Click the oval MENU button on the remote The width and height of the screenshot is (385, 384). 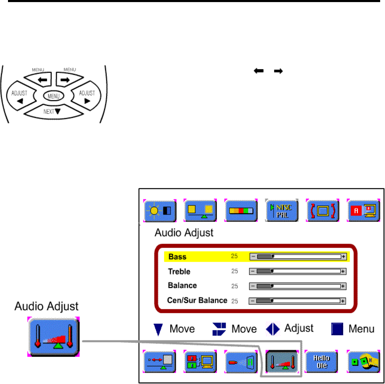(53, 96)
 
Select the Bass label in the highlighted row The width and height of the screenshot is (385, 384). (177, 257)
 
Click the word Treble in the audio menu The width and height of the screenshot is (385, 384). (179, 272)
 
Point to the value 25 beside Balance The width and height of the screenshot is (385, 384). (235, 286)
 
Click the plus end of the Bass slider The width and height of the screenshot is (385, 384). (344, 257)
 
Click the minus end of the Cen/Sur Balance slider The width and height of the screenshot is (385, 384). (252, 301)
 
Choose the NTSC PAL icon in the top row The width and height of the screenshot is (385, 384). (282, 211)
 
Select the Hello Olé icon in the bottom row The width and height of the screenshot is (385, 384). (321, 361)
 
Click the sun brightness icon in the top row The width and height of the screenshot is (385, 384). (160, 211)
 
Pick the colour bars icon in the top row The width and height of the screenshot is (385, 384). (241, 211)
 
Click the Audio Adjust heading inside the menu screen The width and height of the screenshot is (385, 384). (184, 232)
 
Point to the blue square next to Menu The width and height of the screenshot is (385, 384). (337, 329)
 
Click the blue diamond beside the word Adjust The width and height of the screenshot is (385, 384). (273, 329)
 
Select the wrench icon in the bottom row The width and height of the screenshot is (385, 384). (363, 361)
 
